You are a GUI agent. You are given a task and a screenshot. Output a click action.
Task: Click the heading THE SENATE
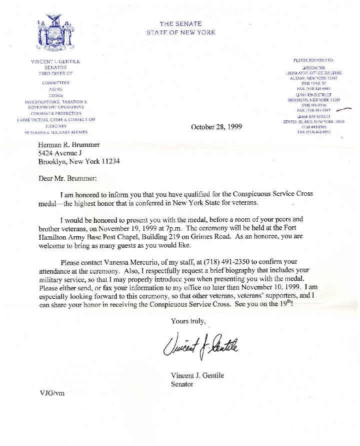[x=180, y=24]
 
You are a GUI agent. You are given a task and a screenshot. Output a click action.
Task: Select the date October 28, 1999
[x=216, y=127]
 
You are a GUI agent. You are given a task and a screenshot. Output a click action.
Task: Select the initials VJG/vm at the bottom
[x=52, y=393]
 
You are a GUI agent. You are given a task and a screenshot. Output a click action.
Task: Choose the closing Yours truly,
[x=188, y=321]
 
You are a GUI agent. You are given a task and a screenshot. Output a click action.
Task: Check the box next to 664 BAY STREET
[x=298, y=116]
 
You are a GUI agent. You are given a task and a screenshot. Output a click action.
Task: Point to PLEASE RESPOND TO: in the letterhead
[x=317, y=60]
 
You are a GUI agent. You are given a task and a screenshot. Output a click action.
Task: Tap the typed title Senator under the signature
[x=182, y=384]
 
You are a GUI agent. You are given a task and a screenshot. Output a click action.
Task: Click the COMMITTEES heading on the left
[x=55, y=82]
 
